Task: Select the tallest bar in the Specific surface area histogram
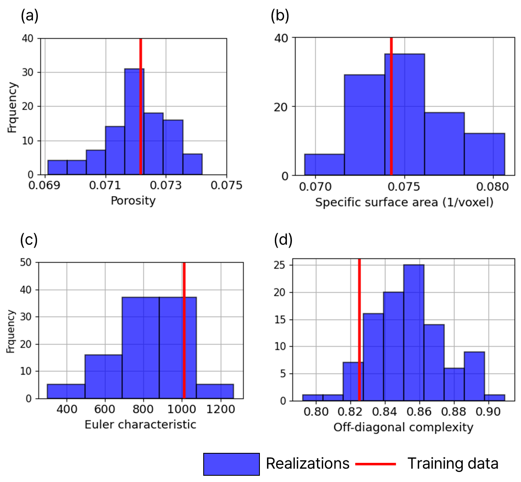pyautogui.click(x=404, y=114)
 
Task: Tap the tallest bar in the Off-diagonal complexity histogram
pyautogui.click(x=414, y=333)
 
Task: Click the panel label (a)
pyautogui.click(x=29, y=16)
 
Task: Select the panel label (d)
pyautogui.click(x=283, y=240)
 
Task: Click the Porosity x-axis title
pyautogui.click(x=133, y=201)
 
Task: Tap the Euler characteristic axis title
pyautogui.click(x=140, y=425)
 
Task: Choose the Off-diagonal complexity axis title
pyautogui.click(x=403, y=427)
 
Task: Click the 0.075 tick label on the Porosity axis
pyautogui.click(x=226, y=185)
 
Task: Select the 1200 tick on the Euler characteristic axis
pyautogui.click(x=220, y=410)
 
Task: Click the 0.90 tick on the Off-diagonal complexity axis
pyautogui.click(x=488, y=412)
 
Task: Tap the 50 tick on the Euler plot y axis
pyautogui.click(x=26, y=263)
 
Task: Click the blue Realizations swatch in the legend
pyautogui.click(x=231, y=464)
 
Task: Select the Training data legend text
pyautogui.click(x=453, y=464)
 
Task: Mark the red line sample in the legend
pyautogui.click(x=376, y=464)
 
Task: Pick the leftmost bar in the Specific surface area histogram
pyautogui.click(x=324, y=164)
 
